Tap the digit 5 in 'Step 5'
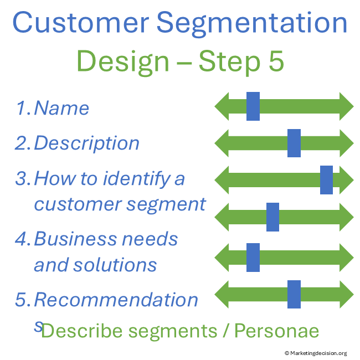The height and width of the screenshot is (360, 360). (275, 62)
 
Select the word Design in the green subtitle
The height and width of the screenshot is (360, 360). (123, 62)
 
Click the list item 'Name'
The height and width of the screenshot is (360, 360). (61, 107)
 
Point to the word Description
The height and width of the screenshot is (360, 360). (86, 143)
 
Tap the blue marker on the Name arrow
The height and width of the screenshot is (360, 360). (253, 106)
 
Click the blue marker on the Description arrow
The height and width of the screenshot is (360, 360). (294, 143)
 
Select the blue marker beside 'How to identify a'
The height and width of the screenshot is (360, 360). (326, 180)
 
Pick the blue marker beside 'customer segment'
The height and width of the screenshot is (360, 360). (272, 217)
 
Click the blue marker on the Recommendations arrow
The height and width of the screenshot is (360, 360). (294, 294)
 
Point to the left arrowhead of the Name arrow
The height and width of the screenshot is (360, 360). (222, 106)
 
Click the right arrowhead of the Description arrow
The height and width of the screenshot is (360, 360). (346, 143)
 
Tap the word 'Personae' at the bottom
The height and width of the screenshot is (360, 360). (277, 331)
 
